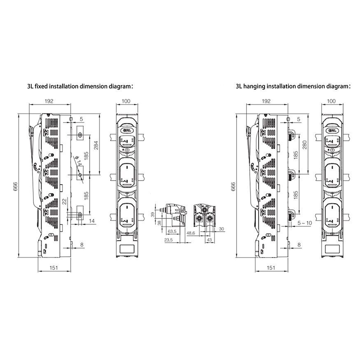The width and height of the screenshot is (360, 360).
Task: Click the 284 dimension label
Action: pos(96,145)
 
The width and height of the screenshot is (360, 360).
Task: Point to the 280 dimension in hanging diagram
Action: pos(305,145)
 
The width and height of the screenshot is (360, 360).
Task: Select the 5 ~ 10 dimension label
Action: pos(305,223)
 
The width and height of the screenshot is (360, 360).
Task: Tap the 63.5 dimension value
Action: pos(172,231)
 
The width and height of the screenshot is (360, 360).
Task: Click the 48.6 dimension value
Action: pos(191,233)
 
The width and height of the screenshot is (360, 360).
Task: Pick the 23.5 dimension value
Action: pos(168,240)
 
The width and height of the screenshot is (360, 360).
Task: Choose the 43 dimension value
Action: pos(209,240)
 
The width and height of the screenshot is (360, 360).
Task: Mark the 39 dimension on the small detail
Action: pos(153,215)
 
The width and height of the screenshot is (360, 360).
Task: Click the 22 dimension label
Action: pos(64,201)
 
